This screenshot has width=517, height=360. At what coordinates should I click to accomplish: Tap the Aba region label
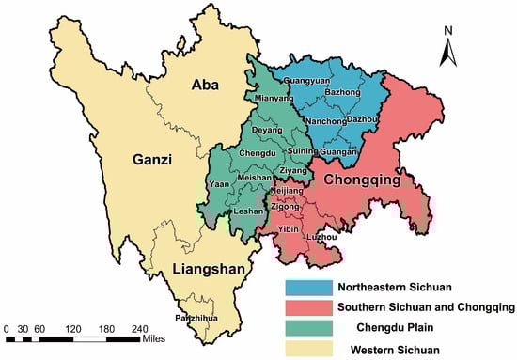click(206, 86)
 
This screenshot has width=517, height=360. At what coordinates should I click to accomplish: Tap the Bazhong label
click(344, 94)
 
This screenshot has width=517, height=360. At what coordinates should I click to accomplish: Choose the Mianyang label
click(264, 96)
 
